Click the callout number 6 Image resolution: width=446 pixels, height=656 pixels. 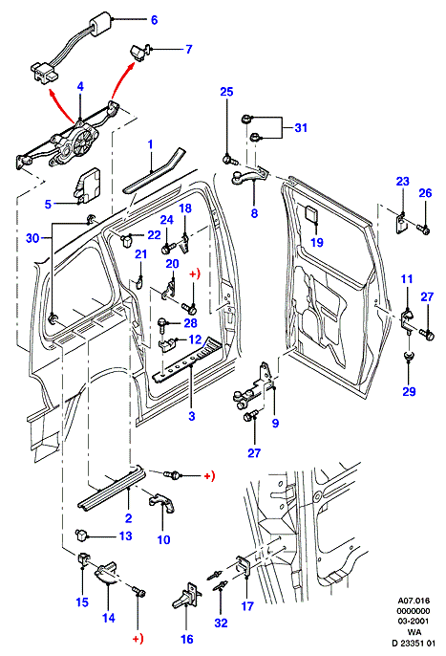pos(155,20)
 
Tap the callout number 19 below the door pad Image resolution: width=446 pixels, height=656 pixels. pos(317,242)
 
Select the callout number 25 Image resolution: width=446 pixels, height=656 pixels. pos(226,92)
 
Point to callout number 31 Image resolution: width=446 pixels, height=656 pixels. pos(301,127)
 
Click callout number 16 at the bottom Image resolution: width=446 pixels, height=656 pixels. pos(187,639)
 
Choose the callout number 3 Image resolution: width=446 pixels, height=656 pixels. pos(192,416)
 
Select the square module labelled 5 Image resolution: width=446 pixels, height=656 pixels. pos(89,184)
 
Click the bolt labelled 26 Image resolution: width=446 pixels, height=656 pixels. pos(423,229)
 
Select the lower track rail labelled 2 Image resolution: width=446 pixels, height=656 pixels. pos(112,487)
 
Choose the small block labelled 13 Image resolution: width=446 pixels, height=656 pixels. pos(80,534)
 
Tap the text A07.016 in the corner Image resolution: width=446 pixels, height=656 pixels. pos(408,601)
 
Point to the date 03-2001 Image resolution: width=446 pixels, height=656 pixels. pos(408,622)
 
